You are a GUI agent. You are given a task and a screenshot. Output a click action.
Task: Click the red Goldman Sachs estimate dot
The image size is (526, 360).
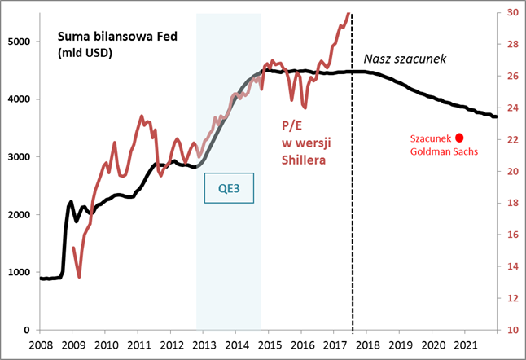pyautogui.click(x=459, y=138)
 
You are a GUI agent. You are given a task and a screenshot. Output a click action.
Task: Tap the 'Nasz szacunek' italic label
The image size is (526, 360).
pyautogui.click(x=404, y=59)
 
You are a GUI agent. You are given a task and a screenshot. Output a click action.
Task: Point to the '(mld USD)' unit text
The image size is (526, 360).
pyautogui.click(x=85, y=54)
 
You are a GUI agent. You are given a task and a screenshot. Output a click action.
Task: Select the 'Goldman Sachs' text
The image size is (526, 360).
pyautogui.click(x=444, y=151)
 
